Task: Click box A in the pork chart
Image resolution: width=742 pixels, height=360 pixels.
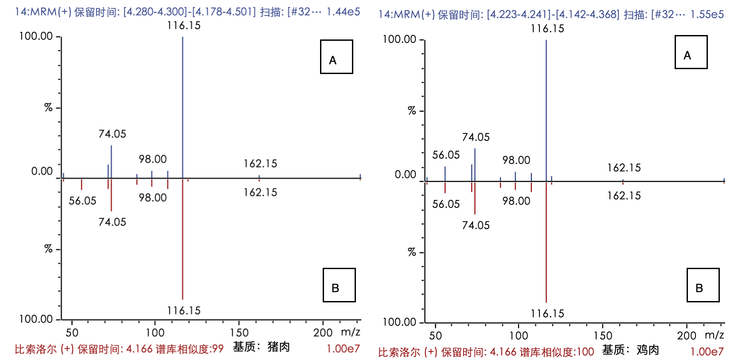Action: (336, 57)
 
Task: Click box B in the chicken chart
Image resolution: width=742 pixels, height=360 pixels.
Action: (703, 285)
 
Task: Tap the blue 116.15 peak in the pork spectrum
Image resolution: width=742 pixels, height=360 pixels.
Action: (183, 106)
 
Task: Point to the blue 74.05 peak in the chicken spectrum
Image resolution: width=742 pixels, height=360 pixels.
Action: (475, 164)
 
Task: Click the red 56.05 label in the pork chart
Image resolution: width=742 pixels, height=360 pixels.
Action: (82, 201)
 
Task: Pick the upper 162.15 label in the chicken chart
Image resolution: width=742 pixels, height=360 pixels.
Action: (624, 168)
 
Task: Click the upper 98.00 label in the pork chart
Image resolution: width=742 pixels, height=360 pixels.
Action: (152, 159)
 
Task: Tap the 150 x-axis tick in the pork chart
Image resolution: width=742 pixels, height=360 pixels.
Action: (239, 333)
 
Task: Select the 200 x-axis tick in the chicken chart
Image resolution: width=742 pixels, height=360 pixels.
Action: (687, 336)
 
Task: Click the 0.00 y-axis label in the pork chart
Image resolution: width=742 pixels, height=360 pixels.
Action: (42, 171)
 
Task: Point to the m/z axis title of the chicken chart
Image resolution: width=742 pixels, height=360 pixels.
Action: (714, 335)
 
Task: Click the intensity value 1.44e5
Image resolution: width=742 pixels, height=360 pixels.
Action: (343, 12)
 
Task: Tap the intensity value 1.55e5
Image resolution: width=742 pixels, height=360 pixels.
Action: (707, 15)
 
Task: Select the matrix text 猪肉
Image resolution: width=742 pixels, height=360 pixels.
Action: (279, 347)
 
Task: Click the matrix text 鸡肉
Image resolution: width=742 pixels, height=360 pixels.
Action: (648, 350)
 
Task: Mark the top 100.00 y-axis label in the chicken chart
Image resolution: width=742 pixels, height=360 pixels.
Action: (399, 39)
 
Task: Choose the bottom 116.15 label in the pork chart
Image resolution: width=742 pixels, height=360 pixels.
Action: (184, 310)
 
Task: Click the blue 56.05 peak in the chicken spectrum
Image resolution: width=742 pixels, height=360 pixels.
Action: (445, 174)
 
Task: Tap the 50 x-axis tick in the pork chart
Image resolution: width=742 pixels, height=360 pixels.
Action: (72, 333)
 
